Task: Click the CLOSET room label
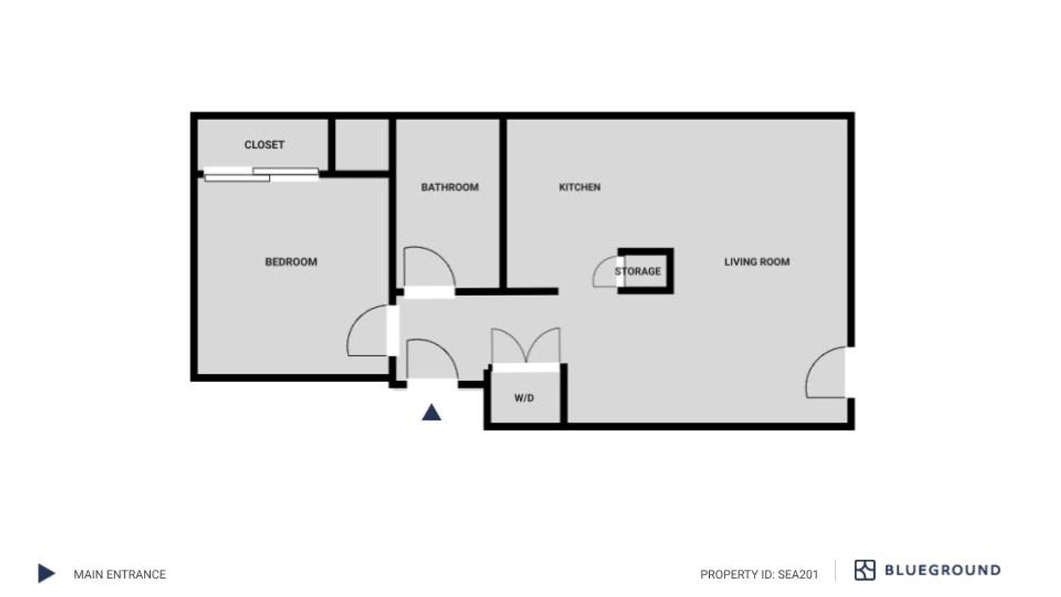264,145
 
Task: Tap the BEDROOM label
291,262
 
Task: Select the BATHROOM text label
450,187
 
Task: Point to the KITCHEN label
579,187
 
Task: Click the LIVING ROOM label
757,262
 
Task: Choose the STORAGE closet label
637,271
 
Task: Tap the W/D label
524,398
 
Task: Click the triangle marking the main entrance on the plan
431,413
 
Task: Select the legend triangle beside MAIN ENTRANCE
45,573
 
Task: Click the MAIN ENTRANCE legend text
119,574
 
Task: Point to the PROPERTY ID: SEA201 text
759,574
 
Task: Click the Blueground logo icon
864,570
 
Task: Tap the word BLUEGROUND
942,570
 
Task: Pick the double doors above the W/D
526,345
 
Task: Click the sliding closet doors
261,174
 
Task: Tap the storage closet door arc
604,273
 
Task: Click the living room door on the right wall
826,374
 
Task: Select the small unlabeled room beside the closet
362,144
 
